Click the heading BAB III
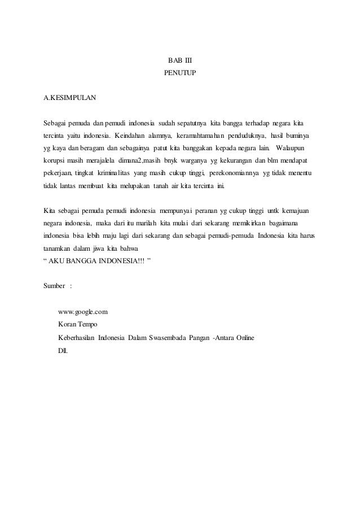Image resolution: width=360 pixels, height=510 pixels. click(x=180, y=60)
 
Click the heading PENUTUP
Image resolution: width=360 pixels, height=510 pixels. click(x=180, y=73)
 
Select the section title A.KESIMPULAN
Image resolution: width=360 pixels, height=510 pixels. click(x=70, y=98)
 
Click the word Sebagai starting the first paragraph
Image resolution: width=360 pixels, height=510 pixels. click(x=55, y=123)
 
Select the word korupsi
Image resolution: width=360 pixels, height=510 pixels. click(x=55, y=160)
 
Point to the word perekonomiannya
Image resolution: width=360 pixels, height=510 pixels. click(x=238, y=173)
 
